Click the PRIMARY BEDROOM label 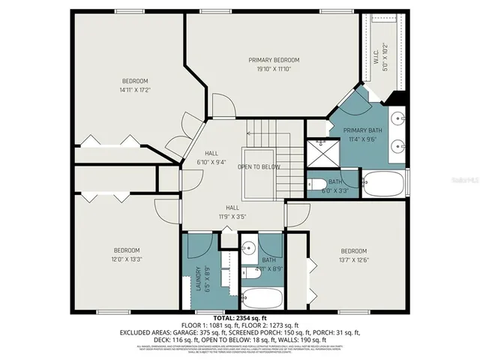click(274, 60)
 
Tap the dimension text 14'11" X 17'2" click(136, 89)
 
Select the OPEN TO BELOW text click(259, 166)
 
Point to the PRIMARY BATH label click(363, 130)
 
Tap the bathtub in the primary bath click(383, 183)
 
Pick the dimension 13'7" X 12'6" click(353, 259)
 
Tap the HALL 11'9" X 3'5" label click(233, 211)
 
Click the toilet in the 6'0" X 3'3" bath click(318, 185)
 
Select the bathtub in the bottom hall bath click(262, 298)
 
